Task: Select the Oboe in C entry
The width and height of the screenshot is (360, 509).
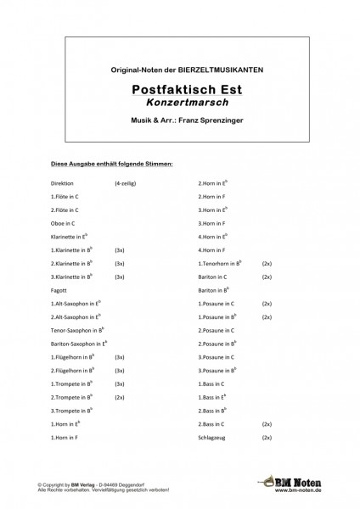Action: [x=65, y=222]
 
